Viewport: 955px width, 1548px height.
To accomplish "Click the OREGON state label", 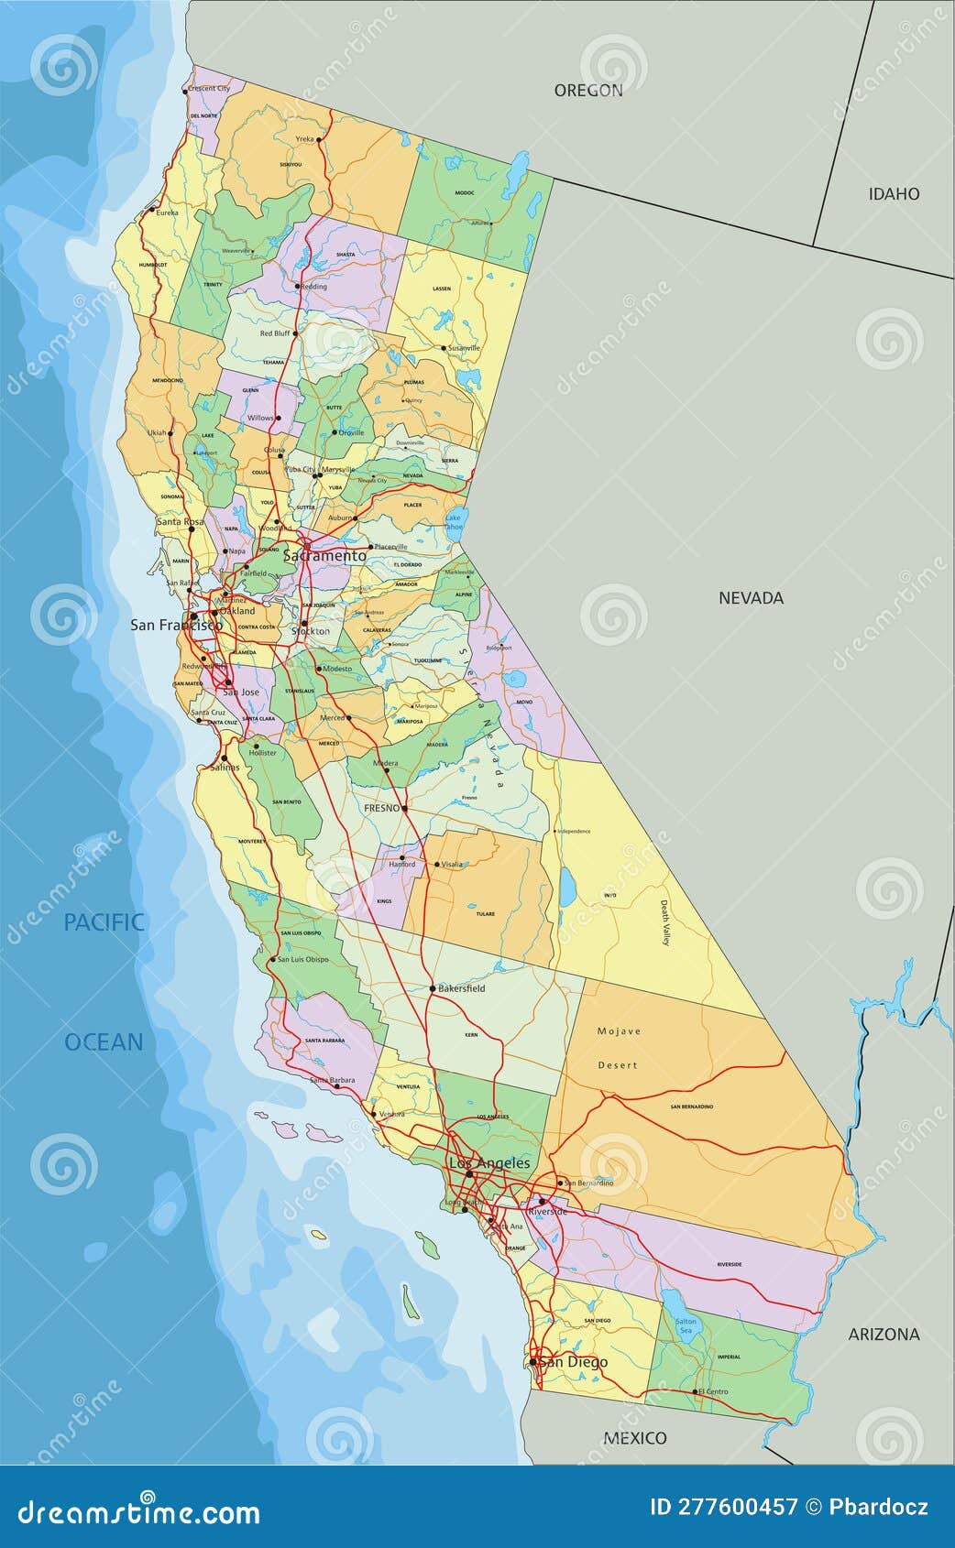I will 587,90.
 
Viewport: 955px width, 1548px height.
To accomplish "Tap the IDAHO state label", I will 894,193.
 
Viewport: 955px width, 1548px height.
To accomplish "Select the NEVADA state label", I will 751,597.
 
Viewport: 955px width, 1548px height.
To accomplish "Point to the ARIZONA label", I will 884,1334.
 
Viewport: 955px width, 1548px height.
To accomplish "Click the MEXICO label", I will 634,1437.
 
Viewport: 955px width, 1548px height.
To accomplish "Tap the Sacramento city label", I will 324,555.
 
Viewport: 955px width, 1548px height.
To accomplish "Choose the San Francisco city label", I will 176,625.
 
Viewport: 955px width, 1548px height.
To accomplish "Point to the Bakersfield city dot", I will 433,988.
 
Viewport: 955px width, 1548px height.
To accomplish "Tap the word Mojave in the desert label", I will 619,1031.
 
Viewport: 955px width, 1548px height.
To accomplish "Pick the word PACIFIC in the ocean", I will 104,921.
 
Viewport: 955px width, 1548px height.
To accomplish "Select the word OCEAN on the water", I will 104,1041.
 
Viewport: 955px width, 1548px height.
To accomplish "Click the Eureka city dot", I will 152,213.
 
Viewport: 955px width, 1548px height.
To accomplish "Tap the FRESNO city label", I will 381,808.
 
